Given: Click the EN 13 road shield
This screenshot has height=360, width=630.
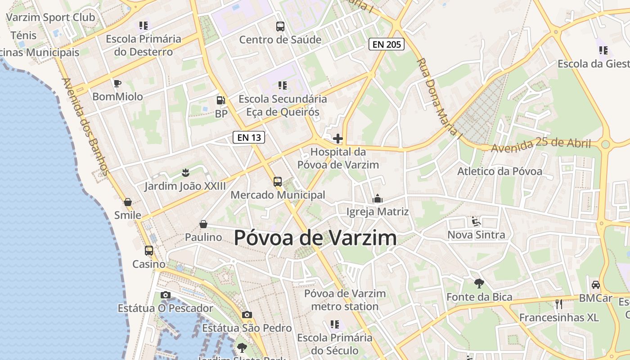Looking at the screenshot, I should tap(249, 137).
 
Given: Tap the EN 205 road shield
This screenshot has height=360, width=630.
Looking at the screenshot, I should tap(387, 44).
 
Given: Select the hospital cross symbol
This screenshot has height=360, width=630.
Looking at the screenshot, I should tap(337, 139).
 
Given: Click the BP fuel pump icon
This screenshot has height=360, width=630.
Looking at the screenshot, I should tap(220, 100).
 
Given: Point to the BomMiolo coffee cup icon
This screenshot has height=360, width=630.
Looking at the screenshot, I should tap(117, 83).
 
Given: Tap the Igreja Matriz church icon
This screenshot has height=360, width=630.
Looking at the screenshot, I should tap(377, 198).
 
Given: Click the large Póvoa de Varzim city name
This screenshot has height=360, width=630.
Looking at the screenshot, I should tap(315, 238).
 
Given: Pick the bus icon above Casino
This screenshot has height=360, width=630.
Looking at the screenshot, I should tap(148, 251).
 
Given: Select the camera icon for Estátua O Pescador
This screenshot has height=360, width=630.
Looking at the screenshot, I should tap(166, 295).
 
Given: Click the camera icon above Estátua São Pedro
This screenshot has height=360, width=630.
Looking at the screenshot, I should tap(247, 315).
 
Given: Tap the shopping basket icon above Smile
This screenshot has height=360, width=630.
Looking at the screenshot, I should tap(128, 202).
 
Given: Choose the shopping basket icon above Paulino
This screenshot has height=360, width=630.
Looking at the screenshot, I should tap(203, 224).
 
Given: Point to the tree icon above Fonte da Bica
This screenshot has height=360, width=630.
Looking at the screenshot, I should tap(479, 283).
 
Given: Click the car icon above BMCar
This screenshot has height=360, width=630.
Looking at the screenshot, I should tap(595, 285).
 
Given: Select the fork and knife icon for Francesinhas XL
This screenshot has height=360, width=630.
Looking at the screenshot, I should tap(559, 304).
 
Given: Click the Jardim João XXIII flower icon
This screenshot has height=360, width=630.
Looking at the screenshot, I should tap(185, 172).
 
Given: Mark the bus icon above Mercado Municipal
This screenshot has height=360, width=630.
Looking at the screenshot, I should tap(278, 182).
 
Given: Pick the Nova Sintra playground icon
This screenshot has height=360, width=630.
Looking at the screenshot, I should tap(476, 221).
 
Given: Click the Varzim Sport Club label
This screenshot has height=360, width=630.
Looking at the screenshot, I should tap(50, 18).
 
